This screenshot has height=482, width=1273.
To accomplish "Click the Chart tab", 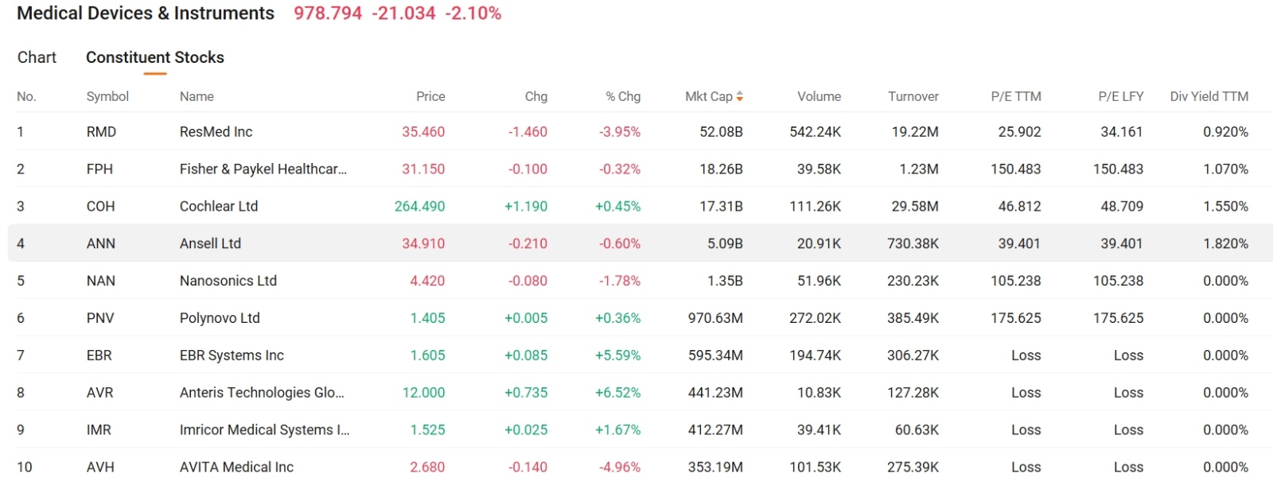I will [37, 57].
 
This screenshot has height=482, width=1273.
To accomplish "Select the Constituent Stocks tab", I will [154, 57].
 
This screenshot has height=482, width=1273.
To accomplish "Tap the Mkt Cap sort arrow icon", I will [740, 96].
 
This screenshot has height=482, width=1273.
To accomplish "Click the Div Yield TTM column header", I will [1208, 96].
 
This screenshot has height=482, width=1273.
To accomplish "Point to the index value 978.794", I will [328, 14].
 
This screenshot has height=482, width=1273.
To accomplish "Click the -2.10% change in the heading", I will [473, 14].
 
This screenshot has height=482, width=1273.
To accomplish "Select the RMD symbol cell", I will [101, 132].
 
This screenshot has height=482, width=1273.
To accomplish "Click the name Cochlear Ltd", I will [219, 207].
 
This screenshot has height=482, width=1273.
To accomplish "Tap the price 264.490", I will [419, 207].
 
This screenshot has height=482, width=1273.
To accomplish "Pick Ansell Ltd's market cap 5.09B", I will [725, 244].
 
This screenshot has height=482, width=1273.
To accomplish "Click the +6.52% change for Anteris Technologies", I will [617, 393].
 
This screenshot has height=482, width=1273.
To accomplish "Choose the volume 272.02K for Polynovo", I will [815, 318].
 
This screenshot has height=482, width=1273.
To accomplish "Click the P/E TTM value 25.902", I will [1019, 132].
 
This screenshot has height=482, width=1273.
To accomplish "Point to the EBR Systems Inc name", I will [232, 356].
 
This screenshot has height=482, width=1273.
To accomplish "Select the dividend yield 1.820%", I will [1225, 244].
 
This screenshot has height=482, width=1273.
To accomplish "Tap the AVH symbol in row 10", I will [100, 468].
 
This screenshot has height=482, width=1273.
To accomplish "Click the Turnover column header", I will [913, 96].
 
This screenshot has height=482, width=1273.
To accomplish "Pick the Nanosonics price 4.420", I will [427, 281].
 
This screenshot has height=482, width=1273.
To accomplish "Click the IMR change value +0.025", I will [526, 430].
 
